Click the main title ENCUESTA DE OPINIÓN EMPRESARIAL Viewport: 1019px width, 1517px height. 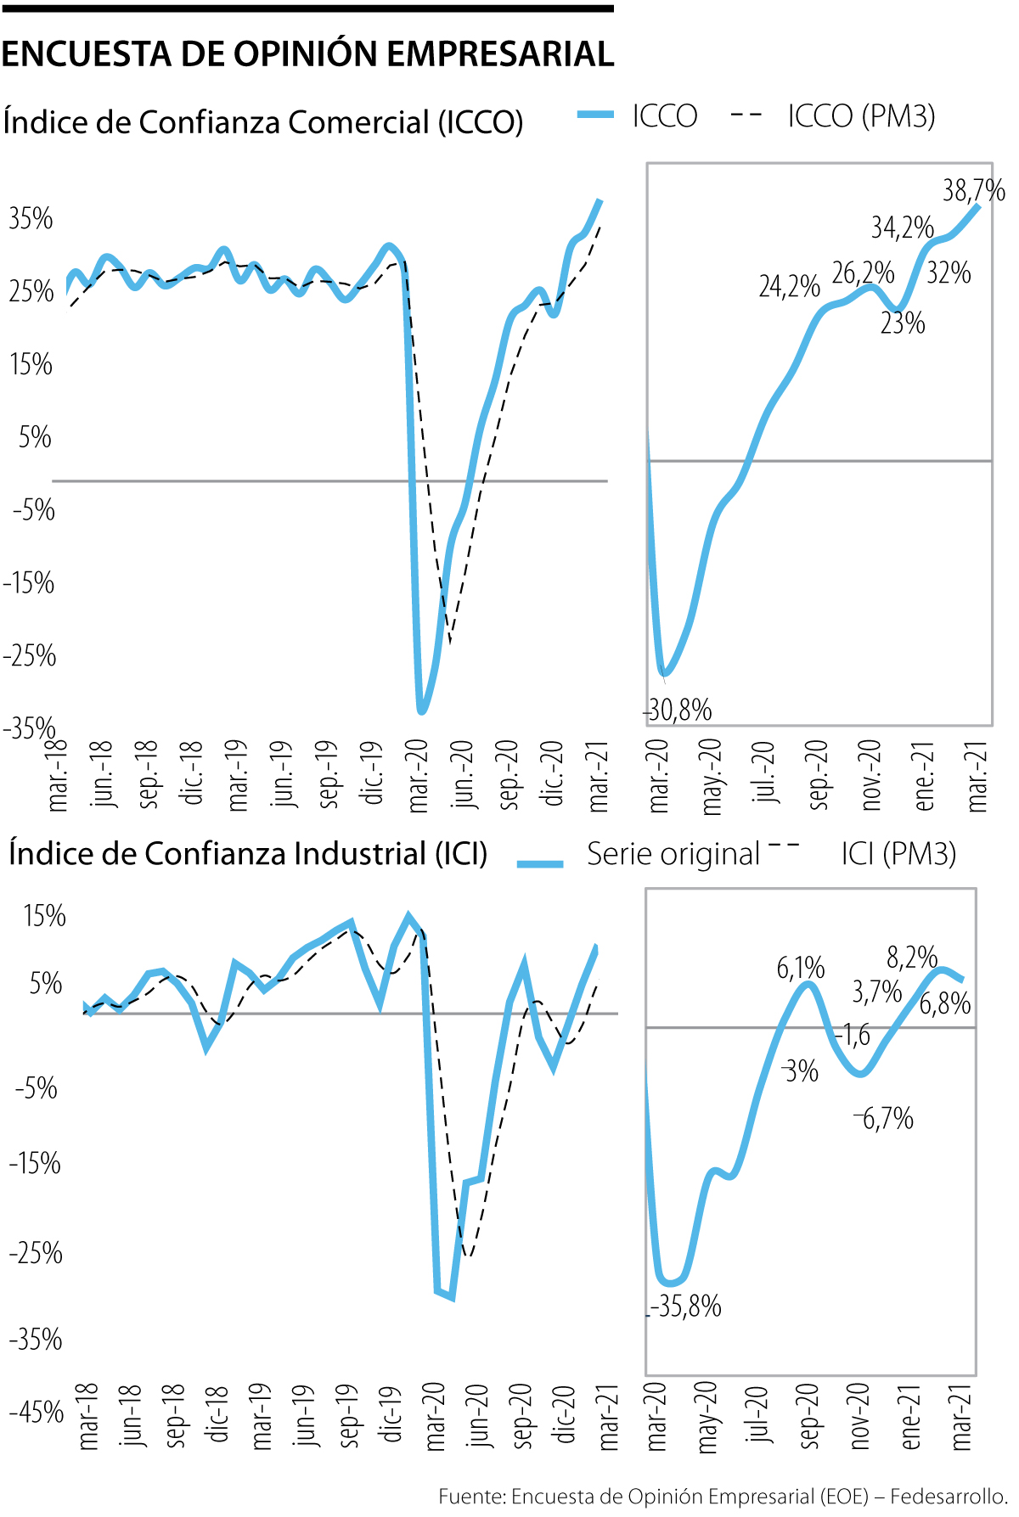tap(307, 54)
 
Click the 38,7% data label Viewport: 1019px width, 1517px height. tap(973, 190)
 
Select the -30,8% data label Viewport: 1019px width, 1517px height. tap(678, 710)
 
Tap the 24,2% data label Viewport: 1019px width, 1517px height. tap(789, 286)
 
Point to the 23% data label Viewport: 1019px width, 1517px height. tap(902, 323)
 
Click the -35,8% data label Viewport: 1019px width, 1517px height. tap(685, 1306)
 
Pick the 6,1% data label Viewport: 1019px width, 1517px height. tap(800, 968)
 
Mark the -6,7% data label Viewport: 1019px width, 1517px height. tap(884, 1118)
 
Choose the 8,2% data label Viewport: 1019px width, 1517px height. tap(912, 958)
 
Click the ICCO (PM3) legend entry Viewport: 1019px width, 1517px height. tap(861, 116)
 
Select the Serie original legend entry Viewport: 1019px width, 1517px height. tap(673, 854)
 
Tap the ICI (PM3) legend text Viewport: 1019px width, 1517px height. tap(898, 854)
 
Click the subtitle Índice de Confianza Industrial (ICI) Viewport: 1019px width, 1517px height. tap(248, 854)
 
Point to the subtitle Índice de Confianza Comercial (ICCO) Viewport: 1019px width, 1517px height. tap(262, 122)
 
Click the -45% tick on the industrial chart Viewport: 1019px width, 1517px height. tap(37, 1413)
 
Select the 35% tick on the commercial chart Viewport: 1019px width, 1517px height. tap(31, 219)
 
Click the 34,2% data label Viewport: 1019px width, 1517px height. tap(902, 228)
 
